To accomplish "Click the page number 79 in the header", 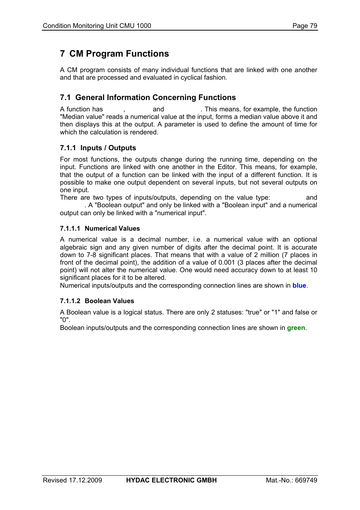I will pos(313,26).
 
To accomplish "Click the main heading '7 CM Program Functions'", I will pos(114,54).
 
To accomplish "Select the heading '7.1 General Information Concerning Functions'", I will pos(148,97).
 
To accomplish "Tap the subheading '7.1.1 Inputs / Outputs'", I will pos(98,148).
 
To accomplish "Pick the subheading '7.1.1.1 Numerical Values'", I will pos(100,228).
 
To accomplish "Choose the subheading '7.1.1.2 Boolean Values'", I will pos(97,301).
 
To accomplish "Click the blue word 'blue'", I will pos(299,285).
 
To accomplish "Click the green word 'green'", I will pos(296,328).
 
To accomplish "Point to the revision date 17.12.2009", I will pos(85,480).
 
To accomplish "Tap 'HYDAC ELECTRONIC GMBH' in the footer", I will pos(171,480).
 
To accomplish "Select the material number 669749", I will pos(306,480).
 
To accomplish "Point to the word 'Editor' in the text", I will pos(226,167).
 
